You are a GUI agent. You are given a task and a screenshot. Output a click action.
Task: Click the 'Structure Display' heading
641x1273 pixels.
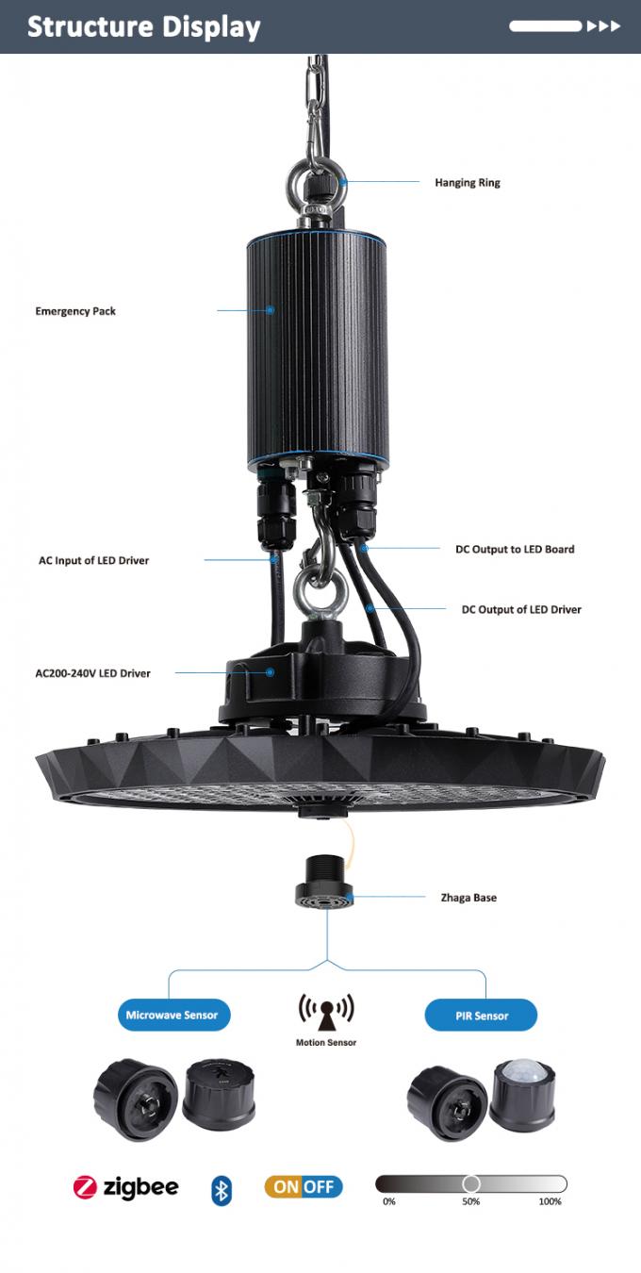(x=144, y=26)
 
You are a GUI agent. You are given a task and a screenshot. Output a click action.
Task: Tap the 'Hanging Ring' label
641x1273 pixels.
(x=468, y=182)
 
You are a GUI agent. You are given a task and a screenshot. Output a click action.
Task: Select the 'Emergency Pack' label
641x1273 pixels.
(x=75, y=311)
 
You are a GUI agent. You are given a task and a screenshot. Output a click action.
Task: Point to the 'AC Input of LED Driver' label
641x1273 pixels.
(x=93, y=560)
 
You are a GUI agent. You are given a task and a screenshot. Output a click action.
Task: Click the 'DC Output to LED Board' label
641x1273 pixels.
(x=515, y=549)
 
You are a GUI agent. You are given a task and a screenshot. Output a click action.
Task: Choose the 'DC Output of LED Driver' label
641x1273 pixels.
(x=521, y=609)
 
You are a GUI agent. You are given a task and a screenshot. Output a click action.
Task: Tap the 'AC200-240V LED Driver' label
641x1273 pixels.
(x=92, y=673)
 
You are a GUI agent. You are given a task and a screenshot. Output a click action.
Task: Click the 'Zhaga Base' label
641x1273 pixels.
(x=468, y=898)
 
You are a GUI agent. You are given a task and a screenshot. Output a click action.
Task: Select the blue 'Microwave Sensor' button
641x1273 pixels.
(x=173, y=1015)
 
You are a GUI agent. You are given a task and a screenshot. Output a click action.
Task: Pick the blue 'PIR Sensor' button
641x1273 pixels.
(x=481, y=1015)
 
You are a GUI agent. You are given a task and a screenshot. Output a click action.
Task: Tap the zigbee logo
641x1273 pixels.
(x=125, y=1187)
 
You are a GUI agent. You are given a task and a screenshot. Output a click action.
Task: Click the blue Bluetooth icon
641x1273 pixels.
(x=222, y=1189)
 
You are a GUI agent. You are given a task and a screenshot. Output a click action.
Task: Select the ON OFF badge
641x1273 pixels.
(x=304, y=1186)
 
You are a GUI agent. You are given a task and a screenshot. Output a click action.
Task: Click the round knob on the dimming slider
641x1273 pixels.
(x=470, y=1183)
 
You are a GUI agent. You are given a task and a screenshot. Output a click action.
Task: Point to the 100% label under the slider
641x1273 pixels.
(x=551, y=1201)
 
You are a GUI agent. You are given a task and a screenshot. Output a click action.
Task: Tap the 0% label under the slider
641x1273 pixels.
(x=389, y=1201)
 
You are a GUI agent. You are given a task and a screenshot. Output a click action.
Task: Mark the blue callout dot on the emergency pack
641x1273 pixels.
(x=271, y=310)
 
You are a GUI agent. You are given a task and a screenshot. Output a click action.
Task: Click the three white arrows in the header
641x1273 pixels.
(x=603, y=26)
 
